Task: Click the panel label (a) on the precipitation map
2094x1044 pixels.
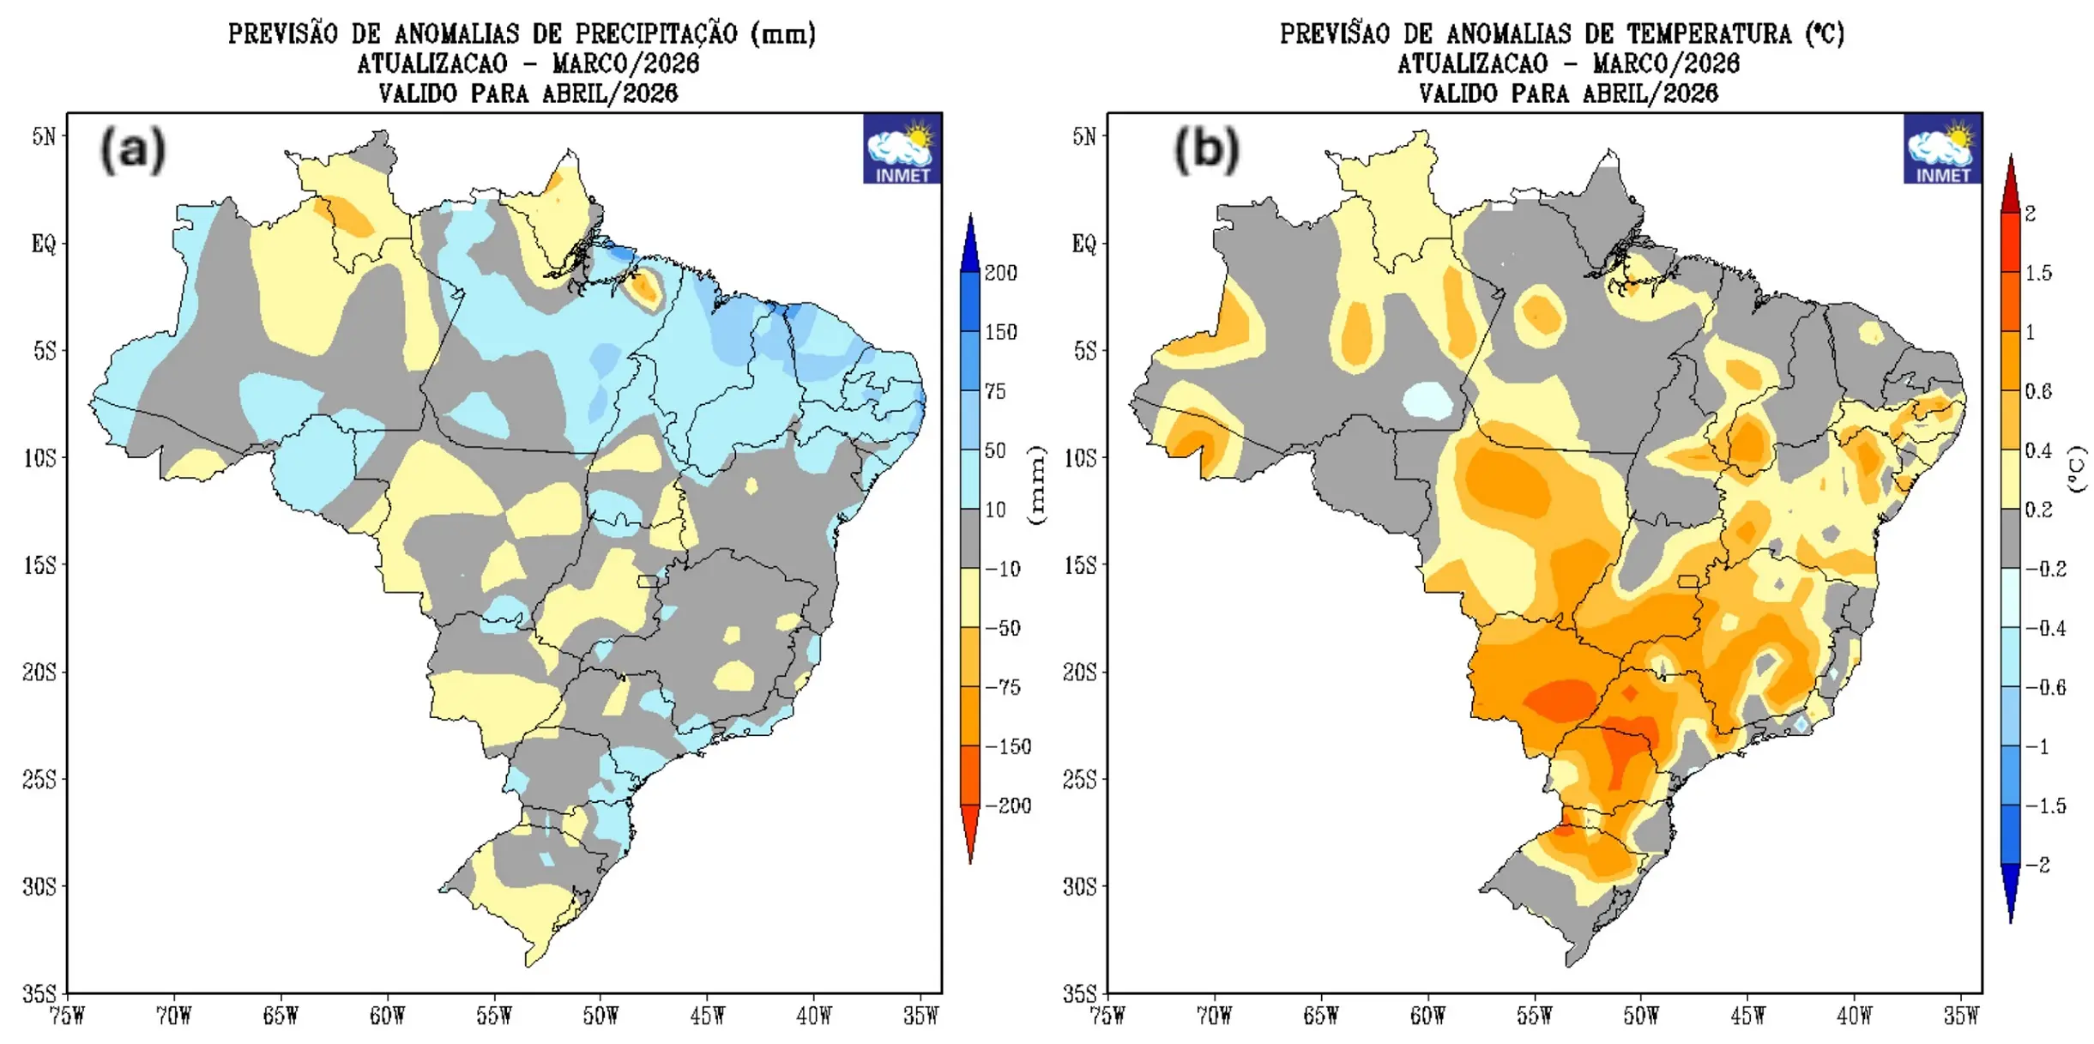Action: point(133,150)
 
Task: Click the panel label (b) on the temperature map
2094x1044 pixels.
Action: point(1206,150)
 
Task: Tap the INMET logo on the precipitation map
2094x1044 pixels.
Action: point(902,149)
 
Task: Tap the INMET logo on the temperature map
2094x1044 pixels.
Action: point(1942,149)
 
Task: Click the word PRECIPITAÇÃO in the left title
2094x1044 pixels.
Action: point(656,34)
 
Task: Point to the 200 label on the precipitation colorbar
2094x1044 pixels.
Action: point(1000,273)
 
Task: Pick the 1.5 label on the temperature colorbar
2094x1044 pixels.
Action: point(2038,273)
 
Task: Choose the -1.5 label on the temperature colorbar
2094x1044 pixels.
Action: point(2045,806)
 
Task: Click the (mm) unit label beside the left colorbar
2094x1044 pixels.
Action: point(1037,485)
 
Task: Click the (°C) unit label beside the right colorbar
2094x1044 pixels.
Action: point(2077,469)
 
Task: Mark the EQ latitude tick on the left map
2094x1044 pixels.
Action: point(44,244)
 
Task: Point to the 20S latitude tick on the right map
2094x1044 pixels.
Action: point(1079,672)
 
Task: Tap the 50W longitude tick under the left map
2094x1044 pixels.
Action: point(600,1017)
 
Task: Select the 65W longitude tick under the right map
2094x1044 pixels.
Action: point(1320,1017)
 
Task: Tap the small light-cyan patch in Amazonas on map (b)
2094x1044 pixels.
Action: point(1428,400)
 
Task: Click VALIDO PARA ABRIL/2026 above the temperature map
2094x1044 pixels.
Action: point(1567,94)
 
